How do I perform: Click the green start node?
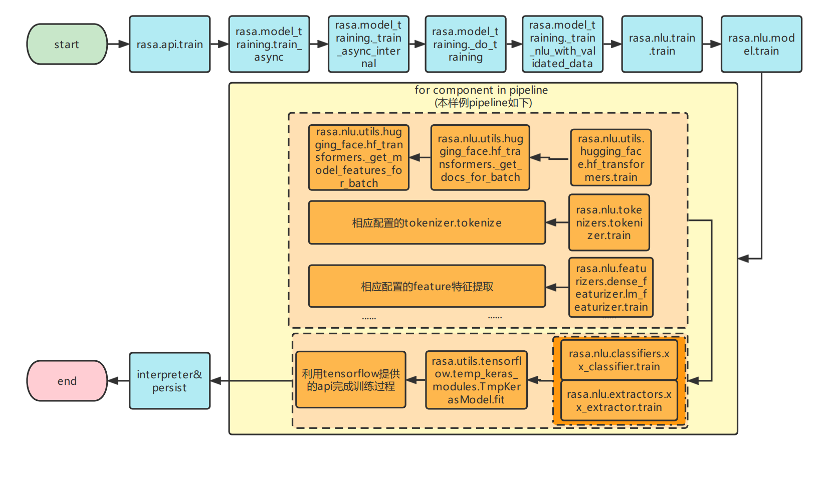(67, 44)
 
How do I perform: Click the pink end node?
(67, 381)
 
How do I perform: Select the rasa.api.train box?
(169, 44)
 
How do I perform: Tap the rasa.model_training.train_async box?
(269, 44)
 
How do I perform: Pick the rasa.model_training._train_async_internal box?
(368, 44)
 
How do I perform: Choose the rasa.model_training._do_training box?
(465, 44)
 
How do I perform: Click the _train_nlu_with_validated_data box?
(562, 44)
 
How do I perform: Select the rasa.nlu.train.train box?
(662, 44)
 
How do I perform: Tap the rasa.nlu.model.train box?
(761, 44)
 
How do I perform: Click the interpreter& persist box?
(169, 381)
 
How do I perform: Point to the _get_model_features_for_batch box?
(359, 157)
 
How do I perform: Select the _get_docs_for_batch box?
(480, 157)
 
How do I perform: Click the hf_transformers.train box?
(610, 157)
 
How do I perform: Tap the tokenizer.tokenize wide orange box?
(427, 222)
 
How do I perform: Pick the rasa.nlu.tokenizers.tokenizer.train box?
(609, 222)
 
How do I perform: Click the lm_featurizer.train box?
(610, 288)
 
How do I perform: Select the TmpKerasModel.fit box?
(476, 380)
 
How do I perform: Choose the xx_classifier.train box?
(619, 360)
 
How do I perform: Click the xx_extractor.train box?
(619, 401)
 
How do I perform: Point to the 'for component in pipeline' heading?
(481, 90)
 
